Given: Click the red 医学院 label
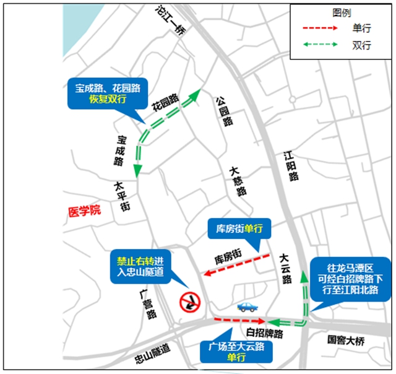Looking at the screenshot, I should [x=84, y=211].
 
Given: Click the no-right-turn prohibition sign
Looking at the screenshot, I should [x=189, y=302].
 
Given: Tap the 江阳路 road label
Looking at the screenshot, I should [x=290, y=167].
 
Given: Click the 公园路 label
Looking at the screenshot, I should [x=223, y=110].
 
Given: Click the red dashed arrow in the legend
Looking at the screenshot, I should [x=319, y=28].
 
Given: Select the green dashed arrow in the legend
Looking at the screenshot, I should [x=319, y=45].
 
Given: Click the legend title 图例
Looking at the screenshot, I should [x=342, y=12].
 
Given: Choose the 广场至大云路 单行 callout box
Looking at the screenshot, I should [x=236, y=352].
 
